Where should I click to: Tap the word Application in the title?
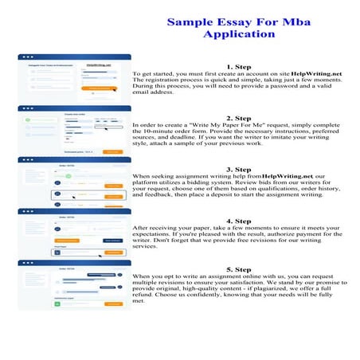click(x=228, y=34)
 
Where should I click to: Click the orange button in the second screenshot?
click(x=112, y=151)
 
